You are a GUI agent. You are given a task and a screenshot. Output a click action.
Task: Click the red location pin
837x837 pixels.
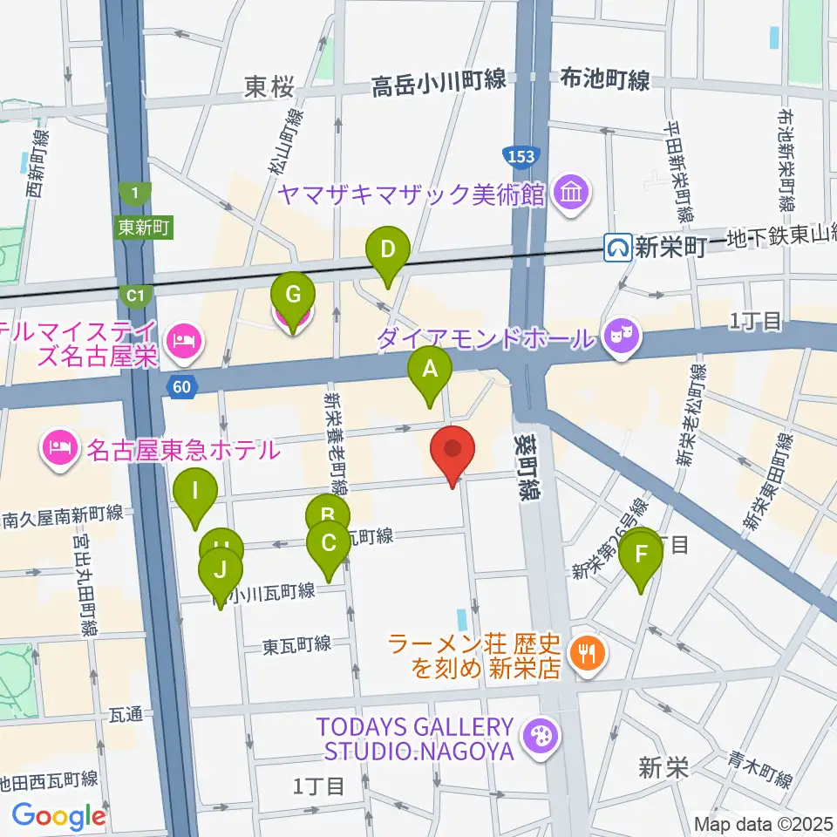pyautogui.click(x=453, y=452)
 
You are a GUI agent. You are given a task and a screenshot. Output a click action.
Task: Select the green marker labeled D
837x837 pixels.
pyautogui.click(x=388, y=252)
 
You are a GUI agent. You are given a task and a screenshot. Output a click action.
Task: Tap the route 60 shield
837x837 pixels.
pyautogui.click(x=180, y=387)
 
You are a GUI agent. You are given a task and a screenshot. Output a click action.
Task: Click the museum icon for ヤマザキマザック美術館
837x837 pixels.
pyautogui.click(x=573, y=192)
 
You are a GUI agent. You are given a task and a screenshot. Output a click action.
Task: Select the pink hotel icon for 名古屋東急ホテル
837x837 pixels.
pyautogui.click(x=58, y=449)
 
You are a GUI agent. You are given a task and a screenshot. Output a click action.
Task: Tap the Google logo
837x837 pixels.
pyautogui.click(x=58, y=817)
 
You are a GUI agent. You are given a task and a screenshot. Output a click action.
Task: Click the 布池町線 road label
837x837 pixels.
pyautogui.click(x=605, y=81)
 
